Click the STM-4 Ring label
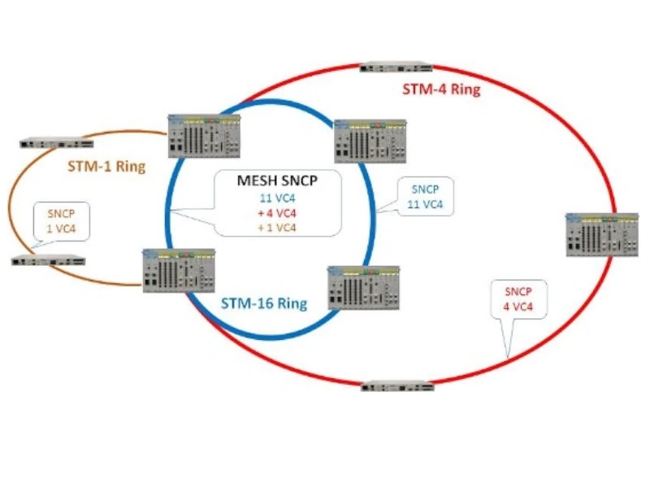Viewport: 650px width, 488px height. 441,89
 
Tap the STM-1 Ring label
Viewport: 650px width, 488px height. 106,168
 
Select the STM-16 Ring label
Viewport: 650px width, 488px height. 265,304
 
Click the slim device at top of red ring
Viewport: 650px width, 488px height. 396,67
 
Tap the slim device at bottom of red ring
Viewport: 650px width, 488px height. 397,386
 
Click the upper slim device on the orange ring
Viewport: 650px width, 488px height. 53,143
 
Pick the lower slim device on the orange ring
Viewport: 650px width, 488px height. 48,260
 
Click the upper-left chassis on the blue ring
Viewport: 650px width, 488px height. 204,136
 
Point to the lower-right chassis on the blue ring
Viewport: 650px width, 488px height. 363,287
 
